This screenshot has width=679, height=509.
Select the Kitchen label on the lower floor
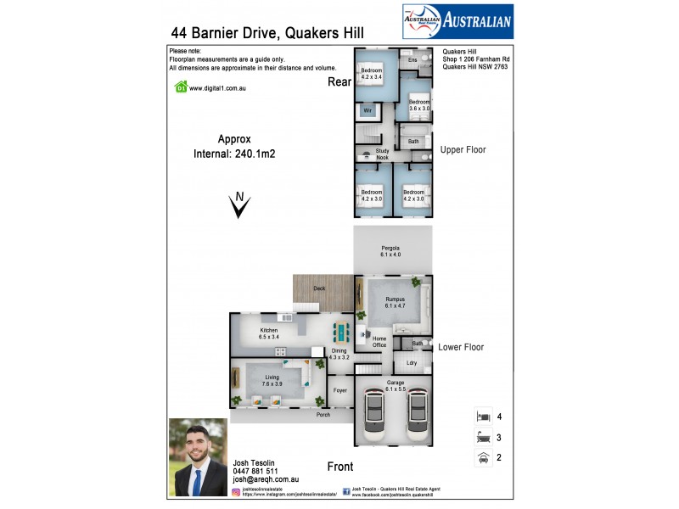pos(270,333)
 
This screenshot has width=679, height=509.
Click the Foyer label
pos(340,391)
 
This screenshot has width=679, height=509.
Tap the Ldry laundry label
pos(412,363)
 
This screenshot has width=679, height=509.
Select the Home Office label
pos(379,341)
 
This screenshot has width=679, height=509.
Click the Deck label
pos(319,289)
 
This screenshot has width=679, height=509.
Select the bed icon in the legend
pos(483,417)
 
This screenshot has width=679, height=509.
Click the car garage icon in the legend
pos(483,457)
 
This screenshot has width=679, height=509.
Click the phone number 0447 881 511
pos(255,471)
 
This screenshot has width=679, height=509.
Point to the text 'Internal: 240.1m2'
pos(235,154)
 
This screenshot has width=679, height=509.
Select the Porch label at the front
pos(323,415)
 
